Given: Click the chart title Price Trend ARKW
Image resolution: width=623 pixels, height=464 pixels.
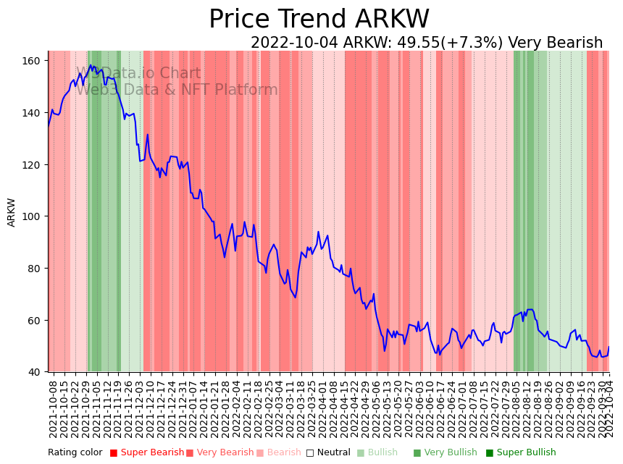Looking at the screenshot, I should (319, 20).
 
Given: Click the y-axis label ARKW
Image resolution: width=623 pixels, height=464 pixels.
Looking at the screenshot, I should (12, 212).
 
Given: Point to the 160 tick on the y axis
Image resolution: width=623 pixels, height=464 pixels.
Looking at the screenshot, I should (32, 61).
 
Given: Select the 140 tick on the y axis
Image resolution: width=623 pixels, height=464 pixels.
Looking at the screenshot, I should (32, 113).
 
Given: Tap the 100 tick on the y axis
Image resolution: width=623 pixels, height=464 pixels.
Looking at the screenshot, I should (32, 216).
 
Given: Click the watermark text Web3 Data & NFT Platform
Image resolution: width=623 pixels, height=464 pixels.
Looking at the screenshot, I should (177, 90).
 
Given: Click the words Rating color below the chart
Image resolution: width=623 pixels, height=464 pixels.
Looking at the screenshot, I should (75, 453).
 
